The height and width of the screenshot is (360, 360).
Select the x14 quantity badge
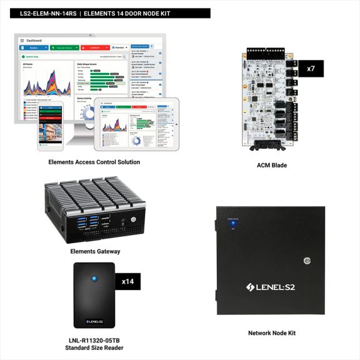pyautogui.click(x=128, y=281)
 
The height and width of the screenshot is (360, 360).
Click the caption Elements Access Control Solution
pyautogui.click(x=94, y=162)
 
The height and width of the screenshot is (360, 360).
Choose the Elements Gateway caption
pyautogui.click(x=94, y=251)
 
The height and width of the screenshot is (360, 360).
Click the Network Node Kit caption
pyautogui.click(x=272, y=333)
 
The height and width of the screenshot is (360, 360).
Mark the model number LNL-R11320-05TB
pyautogui.click(x=94, y=339)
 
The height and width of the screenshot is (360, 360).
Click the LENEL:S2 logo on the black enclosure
pyautogui.click(x=272, y=287)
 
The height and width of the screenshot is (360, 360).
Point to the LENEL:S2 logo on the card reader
pyautogui.click(x=94, y=322)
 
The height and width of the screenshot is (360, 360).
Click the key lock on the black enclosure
pyautogui.click(x=307, y=260)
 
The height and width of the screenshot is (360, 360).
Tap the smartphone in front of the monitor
pyautogui.click(x=51, y=125)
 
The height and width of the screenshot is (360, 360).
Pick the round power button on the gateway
pyautogui.click(x=133, y=220)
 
